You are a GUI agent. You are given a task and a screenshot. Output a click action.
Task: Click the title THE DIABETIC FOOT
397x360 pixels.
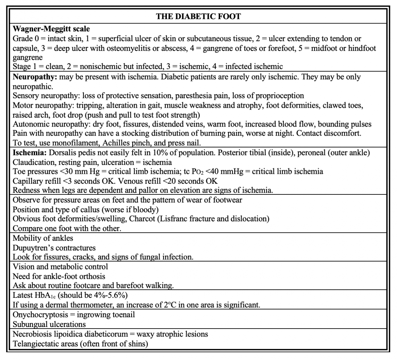pos(198,17)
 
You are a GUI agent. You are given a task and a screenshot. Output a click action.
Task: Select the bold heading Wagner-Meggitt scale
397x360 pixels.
pos(51,29)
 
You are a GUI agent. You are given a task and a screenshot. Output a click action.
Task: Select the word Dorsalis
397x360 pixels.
pos(65,153)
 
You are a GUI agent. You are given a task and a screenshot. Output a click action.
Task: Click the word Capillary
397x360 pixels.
pos(27,181)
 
